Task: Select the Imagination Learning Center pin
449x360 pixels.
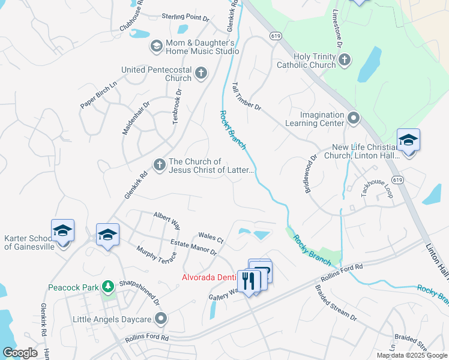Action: (354, 118)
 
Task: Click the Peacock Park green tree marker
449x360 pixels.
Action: (107, 287)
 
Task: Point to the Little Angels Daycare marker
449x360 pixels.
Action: (160, 318)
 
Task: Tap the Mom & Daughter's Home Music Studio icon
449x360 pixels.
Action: (156, 46)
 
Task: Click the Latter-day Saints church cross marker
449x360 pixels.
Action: (159, 164)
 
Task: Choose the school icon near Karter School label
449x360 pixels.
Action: (63, 230)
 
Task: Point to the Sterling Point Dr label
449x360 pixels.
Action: (185, 17)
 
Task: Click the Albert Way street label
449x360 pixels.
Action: (167, 221)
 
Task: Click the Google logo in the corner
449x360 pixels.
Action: (20, 353)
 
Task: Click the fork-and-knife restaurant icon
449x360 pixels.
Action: (248, 280)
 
